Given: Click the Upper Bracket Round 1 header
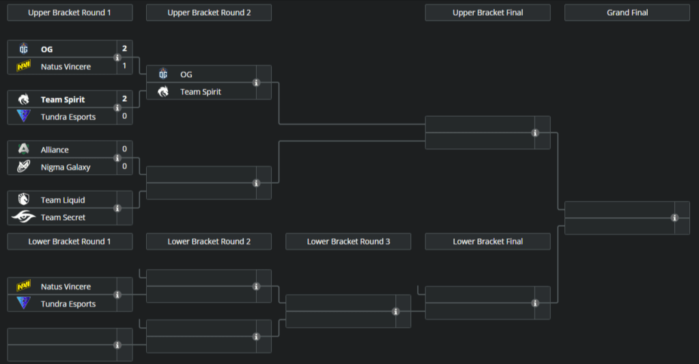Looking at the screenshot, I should click(70, 12).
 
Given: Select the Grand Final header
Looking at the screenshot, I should click(627, 12).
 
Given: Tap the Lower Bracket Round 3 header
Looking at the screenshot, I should click(348, 241).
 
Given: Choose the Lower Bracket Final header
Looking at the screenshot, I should click(487, 241).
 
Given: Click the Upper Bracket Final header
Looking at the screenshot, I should click(487, 12).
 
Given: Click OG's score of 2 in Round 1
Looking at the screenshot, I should click(124, 48).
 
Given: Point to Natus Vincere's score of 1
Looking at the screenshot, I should click(124, 66).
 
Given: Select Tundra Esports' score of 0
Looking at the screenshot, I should click(124, 116).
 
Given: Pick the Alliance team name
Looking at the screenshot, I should click(55, 150).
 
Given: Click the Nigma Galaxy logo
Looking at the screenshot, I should click(24, 167).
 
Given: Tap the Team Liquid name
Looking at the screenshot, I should click(63, 200).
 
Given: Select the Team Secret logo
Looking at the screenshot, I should click(24, 217).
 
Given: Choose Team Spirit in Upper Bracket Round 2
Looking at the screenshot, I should click(201, 92).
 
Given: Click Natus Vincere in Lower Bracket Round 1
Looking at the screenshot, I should click(66, 287).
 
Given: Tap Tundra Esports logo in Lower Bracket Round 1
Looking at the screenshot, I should click(24, 304).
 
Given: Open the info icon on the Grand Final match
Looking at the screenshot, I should click(674, 218).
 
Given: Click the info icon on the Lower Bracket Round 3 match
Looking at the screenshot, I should click(396, 311).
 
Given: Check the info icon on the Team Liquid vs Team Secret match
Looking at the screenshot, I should click(117, 208).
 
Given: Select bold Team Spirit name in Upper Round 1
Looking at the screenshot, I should click(63, 100).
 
